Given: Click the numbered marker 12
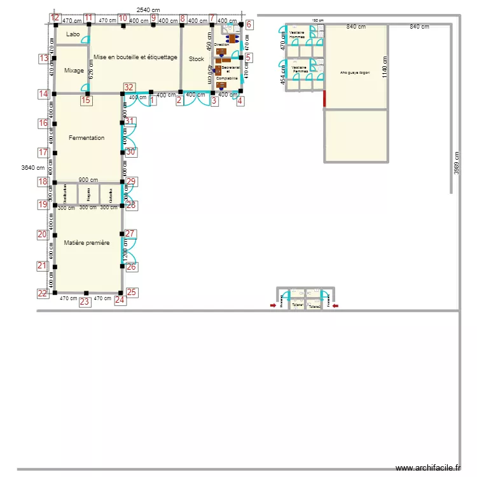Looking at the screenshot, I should coord(56,18).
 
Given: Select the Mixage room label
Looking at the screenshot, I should coord(74,71).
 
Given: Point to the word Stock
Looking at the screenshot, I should coord(196,59).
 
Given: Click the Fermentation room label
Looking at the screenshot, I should coord(86,138).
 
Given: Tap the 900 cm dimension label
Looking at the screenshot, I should coord(88,180).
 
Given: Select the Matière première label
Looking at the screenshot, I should coord(86,243).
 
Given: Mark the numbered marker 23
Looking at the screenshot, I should coord(85,302).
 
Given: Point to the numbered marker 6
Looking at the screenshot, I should coord(249,25).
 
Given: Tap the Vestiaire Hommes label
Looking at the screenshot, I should coord(298,34).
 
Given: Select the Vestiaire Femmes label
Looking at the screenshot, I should coord(300,69).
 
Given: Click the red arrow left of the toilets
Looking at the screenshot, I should coord(273,306).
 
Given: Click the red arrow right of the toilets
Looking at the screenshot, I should coord(335,306).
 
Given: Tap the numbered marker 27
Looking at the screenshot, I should coord(130,233).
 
